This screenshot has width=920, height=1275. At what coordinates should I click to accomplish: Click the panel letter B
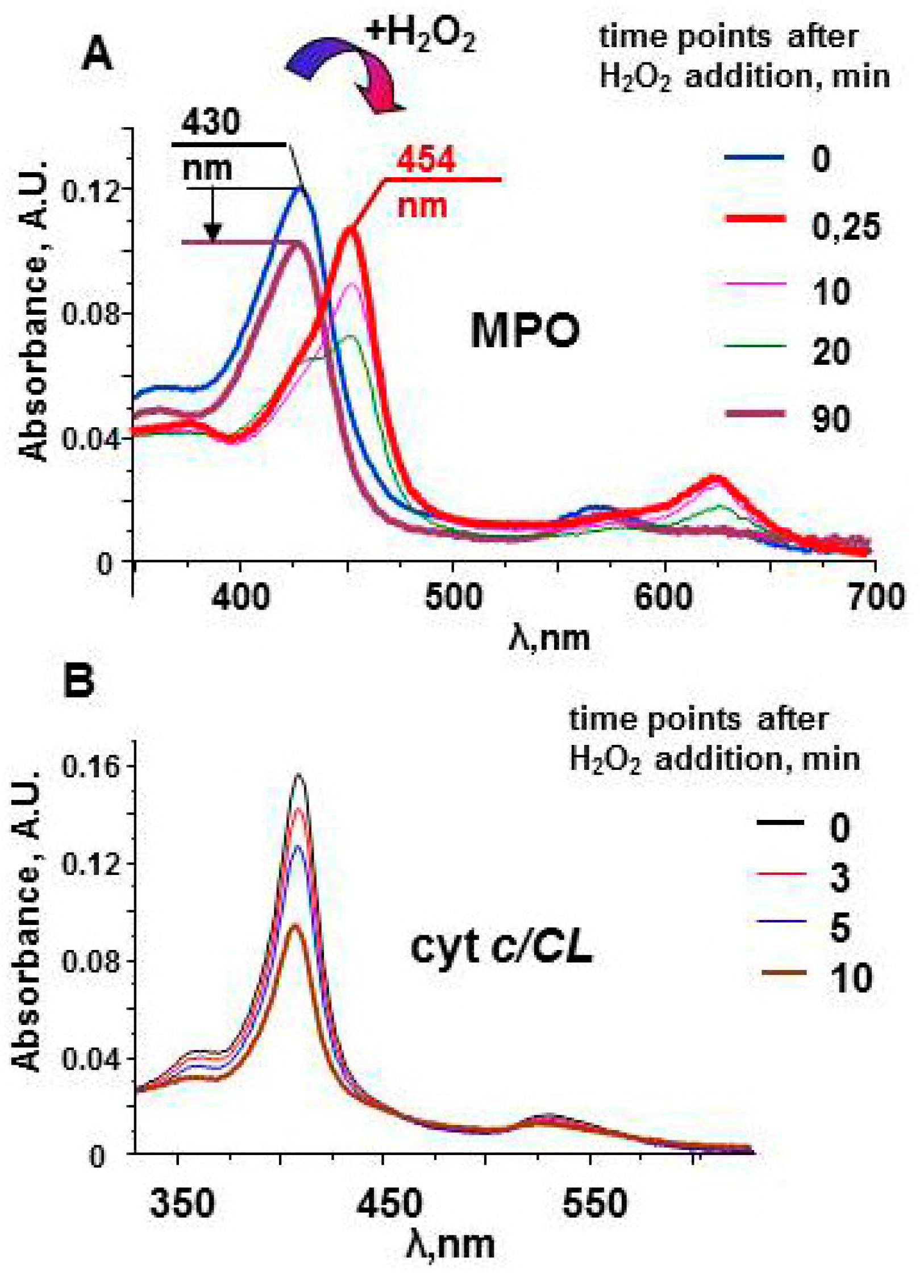(x=79, y=681)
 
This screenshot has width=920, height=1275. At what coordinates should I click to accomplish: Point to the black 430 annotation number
(x=211, y=122)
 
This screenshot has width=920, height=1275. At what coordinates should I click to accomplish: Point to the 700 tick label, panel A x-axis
(x=876, y=597)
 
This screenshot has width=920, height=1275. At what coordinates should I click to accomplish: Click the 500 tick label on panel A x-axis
(x=453, y=597)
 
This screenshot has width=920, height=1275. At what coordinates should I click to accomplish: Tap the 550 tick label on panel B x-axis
(x=594, y=1203)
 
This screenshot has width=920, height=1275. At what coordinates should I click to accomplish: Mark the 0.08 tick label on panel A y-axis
(x=84, y=314)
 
